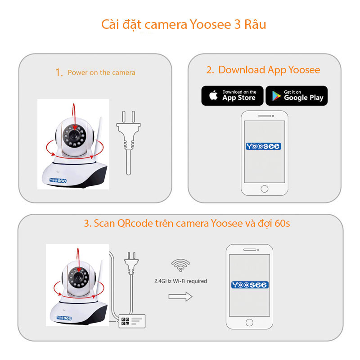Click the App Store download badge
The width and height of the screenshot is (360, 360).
pos(232,95)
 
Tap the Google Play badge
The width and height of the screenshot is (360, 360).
pos(297,95)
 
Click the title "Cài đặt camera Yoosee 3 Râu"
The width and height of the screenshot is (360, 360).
pos(184,24)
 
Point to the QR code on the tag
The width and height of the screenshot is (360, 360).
pos(125,321)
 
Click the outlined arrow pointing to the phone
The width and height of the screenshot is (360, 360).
pos(180,296)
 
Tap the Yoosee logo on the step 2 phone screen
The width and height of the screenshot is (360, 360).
pos(264,146)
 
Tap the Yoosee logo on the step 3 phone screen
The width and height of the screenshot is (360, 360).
pos(250,285)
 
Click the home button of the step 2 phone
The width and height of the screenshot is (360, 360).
pos(264,188)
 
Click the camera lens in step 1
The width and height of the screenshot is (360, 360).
pos(73,135)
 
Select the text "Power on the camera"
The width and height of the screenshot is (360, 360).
pos(101,72)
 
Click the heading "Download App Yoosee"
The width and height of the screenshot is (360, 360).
pos(269,70)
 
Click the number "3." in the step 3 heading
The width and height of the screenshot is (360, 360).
pos(87,223)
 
